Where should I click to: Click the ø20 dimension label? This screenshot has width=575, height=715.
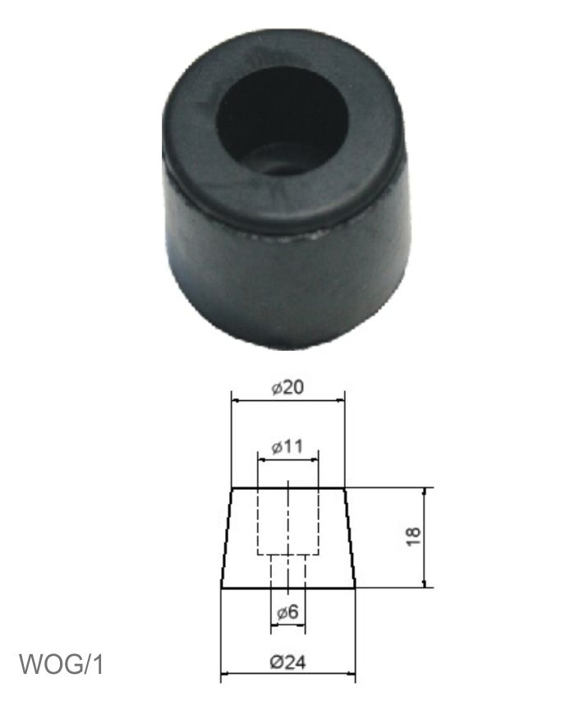tap(287, 388)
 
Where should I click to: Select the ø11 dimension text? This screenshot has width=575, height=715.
tap(287, 448)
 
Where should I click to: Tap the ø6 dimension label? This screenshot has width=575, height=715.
tap(287, 611)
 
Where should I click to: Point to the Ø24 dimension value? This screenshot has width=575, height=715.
tap(287, 663)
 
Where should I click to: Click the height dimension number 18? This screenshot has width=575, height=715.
tap(413, 537)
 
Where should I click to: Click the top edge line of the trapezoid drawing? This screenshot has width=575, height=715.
tap(287, 489)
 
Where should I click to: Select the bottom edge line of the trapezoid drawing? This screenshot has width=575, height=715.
tap(287, 588)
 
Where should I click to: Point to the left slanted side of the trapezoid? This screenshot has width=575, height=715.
tap(227, 538)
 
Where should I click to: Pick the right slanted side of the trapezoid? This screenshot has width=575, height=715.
tap(350, 538)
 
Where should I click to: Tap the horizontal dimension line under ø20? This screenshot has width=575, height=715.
tap(287, 401)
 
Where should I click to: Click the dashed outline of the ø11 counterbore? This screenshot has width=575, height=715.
tap(259, 522)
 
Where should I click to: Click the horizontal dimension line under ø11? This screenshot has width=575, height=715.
tap(287, 461)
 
